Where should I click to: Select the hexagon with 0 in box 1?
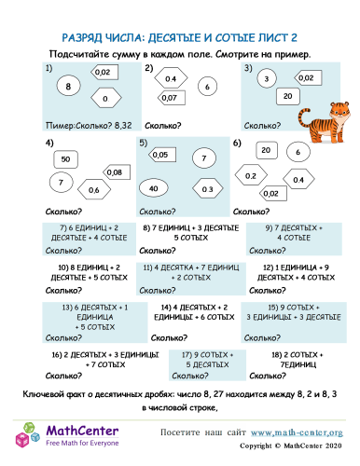[x=106, y=98]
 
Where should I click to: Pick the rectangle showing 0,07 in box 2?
[x=170, y=97]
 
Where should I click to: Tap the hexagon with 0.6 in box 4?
[x=93, y=191]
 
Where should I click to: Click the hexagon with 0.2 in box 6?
[x=252, y=175]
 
